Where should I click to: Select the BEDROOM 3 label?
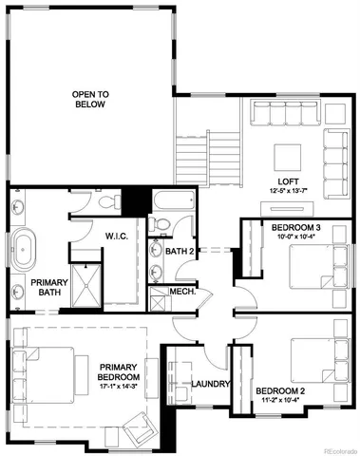[296, 228]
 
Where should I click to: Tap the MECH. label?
[181, 292]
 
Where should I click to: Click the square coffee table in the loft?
[287, 156]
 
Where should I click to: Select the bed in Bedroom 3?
[313, 271]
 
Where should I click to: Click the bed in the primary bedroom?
[43, 371]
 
